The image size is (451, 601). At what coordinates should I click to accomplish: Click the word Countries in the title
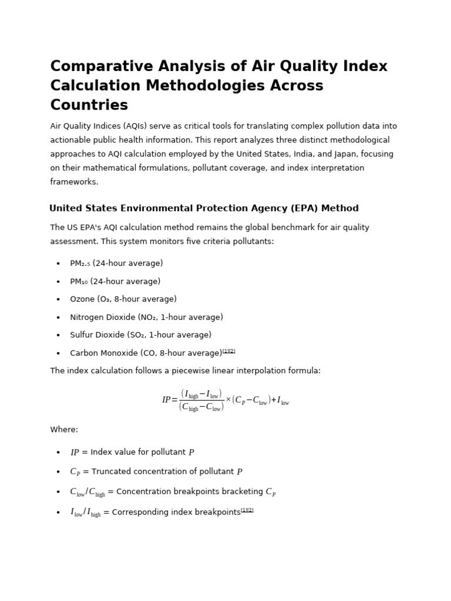tap(89, 106)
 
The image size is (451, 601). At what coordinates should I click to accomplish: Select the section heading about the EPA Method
tap(204, 208)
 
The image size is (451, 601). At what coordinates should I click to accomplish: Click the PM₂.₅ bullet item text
tap(116, 264)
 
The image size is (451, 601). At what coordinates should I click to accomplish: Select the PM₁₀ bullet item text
tap(115, 282)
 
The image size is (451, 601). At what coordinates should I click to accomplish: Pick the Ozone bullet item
tap(123, 299)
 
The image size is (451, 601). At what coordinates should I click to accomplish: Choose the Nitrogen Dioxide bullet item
tap(146, 318)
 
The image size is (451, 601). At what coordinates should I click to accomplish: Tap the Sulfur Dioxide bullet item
tap(140, 335)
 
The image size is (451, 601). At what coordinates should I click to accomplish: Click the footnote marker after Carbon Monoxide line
tap(229, 351)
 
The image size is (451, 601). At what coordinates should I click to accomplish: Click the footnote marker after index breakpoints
tap(247, 510)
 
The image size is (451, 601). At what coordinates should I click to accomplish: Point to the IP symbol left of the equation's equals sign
tap(166, 400)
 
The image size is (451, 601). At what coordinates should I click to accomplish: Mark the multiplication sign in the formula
tap(228, 400)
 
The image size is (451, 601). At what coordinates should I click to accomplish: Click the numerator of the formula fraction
tap(201, 394)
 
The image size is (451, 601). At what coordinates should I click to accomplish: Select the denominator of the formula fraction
tap(201, 407)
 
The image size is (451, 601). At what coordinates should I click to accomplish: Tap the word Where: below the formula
tap(64, 430)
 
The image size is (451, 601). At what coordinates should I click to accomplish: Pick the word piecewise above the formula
tap(174, 371)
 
